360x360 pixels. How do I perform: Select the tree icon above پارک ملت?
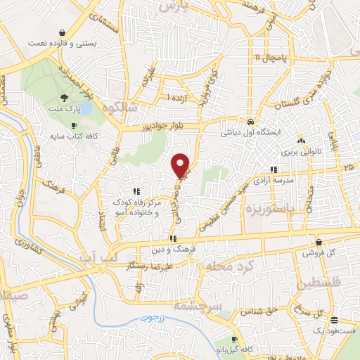tap(65, 98)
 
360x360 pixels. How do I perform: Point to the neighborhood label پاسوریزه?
tap(268, 209)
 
